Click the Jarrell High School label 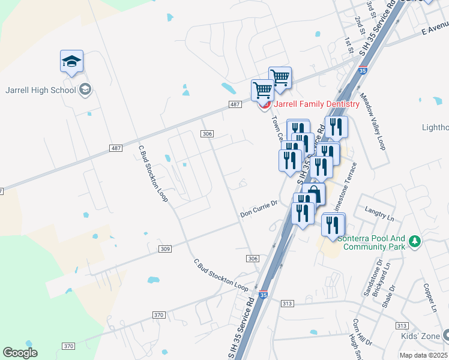[x=41, y=90]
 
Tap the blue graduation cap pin [x=71, y=62]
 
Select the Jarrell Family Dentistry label [x=316, y=104]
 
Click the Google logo [x=20, y=352]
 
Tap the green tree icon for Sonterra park [x=414, y=241]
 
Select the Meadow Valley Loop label [x=372, y=121]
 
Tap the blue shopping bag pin [x=313, y=194]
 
